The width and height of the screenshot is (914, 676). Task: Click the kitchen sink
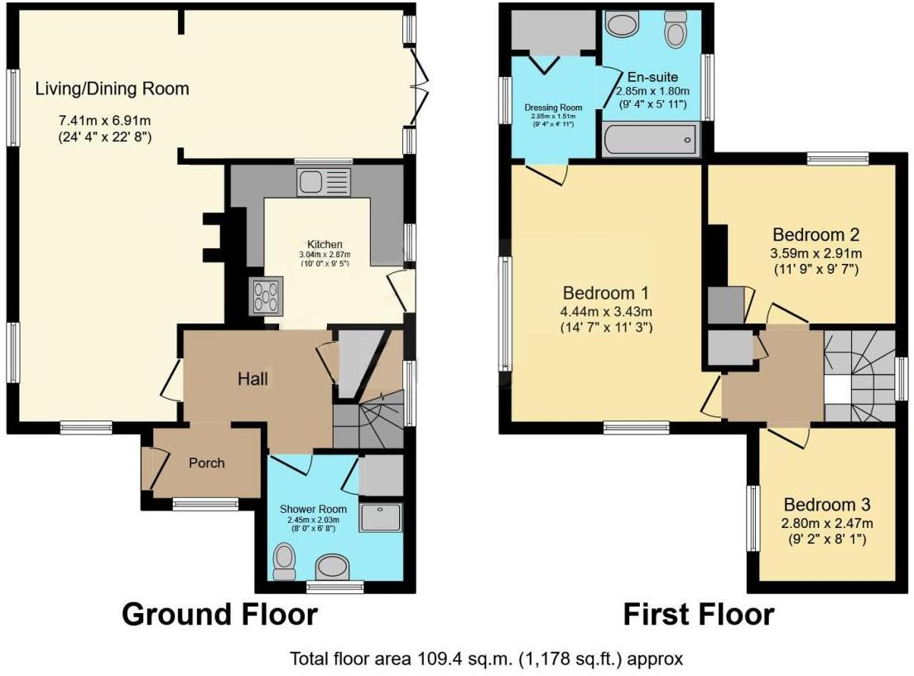(325, 181)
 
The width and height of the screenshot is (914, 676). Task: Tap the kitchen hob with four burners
(267, 295)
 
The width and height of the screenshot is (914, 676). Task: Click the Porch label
(206, 463)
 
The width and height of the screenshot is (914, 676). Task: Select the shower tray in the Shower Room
(380, 518)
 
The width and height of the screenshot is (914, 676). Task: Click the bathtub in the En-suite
(650, 141)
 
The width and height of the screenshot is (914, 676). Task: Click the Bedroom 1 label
(605, 293)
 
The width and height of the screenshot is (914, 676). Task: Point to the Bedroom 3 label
(826, 505)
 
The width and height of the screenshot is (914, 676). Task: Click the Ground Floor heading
(219, 615)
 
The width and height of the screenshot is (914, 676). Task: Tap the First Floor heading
(698, 615)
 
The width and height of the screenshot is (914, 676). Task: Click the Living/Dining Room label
(112, 89)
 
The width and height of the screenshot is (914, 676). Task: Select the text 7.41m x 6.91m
(103, 118)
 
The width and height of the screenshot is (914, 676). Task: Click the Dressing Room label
(553, 108)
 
